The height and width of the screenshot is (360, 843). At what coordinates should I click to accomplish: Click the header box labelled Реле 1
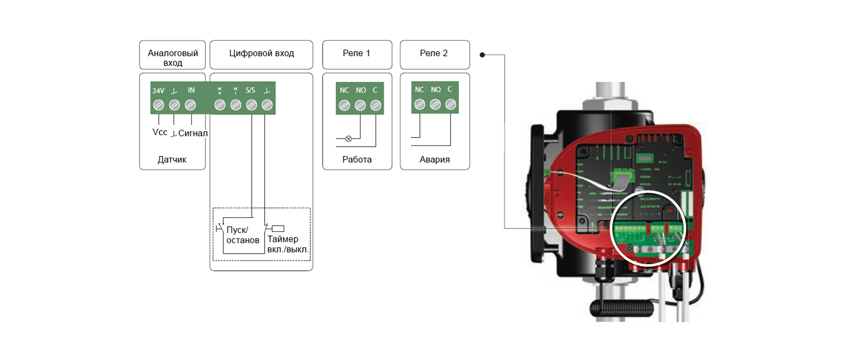357,53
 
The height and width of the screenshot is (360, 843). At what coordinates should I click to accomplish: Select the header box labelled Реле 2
434,53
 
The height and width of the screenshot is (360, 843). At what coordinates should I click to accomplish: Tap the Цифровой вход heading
261,53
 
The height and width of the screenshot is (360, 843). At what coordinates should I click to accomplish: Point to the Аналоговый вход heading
173,58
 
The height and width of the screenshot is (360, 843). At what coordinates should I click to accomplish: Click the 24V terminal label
158,91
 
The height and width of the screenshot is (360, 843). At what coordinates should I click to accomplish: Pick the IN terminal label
191,90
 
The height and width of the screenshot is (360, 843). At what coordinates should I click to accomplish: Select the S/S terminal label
250,90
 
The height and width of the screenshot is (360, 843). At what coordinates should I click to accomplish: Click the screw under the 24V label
158,105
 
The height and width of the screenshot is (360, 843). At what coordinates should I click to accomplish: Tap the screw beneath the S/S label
251,105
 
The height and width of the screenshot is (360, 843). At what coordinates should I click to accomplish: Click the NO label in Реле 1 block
361,90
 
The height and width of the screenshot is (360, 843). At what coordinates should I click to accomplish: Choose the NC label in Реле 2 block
419,90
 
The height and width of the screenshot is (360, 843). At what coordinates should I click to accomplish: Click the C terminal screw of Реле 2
451,105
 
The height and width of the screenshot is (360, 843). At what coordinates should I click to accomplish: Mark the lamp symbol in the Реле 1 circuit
349,138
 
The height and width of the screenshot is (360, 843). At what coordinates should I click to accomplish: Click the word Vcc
160,132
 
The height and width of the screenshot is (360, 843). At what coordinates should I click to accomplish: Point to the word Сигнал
193,133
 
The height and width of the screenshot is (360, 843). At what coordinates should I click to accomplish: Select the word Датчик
172,160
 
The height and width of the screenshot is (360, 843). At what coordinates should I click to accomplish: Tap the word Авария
434,160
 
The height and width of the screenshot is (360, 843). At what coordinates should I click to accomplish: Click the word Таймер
283,239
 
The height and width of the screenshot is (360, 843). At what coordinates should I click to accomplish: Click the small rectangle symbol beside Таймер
278,229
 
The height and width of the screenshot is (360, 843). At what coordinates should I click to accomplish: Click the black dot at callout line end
482,55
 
